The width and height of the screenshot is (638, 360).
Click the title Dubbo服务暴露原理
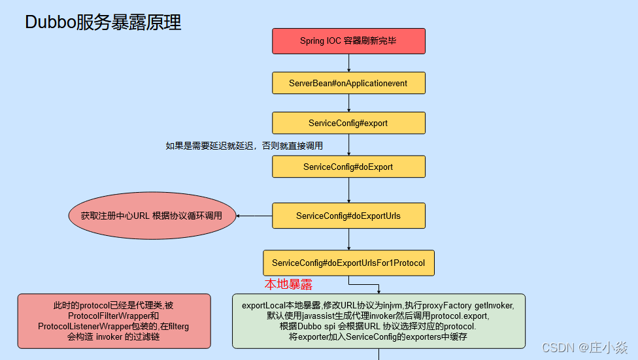(103, 23)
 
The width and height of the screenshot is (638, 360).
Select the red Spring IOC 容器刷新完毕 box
(348, 41)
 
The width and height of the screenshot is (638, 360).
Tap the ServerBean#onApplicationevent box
(348, 83)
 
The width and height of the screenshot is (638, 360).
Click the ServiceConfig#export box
(348, 123)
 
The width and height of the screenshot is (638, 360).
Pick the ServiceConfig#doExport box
(348, 167)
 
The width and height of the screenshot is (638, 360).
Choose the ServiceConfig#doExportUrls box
(348, 216)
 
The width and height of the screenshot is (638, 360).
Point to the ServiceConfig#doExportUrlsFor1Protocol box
(348, 263)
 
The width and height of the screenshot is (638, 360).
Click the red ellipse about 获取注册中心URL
(152, 216)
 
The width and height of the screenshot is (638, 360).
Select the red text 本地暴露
(288, 284)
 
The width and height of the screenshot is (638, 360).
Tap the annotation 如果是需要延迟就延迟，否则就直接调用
(244, 146)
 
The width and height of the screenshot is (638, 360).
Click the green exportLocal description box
(378, 321)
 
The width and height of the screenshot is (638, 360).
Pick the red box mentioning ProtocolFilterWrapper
(114, 321)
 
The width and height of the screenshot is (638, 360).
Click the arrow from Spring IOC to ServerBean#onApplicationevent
(349, 63)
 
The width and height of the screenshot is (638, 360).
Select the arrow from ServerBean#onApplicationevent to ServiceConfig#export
(349, 103)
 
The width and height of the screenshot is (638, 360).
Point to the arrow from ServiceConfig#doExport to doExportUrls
(349, 190)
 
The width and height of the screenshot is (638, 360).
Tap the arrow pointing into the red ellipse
(254, 216)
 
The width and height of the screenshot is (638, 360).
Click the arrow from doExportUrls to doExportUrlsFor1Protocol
(349, 239)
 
